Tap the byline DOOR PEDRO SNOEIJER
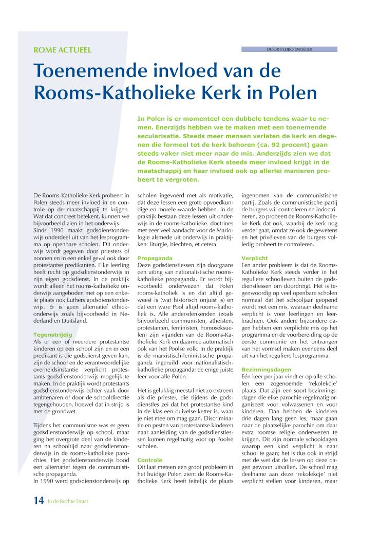click(x=289, y=49)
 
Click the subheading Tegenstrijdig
click(x=52, y=334)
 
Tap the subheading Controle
click(x=150, y=460)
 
